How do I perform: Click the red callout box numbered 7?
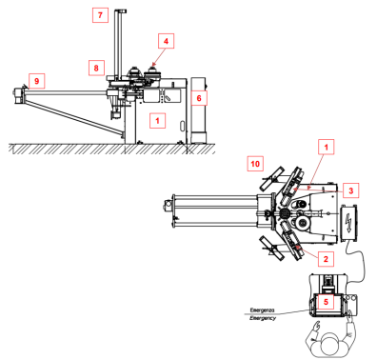100,15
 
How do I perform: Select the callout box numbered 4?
166,41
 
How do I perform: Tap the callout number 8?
96,68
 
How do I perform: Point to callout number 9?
37,81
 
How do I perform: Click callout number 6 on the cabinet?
199,98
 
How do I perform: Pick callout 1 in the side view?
157,120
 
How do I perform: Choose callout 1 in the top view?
327,147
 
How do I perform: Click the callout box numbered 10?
255,164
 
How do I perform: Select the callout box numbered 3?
351,190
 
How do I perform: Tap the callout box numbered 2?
326,259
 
